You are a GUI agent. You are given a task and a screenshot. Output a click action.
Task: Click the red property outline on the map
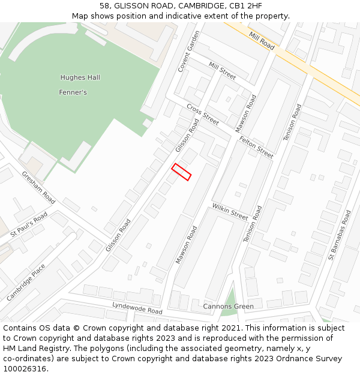(181, 172)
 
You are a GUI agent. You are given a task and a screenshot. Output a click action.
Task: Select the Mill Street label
(222, 71)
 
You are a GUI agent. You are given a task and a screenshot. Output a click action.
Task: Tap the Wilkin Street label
(230, 211)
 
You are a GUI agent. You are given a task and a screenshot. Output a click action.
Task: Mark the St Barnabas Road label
(340, 235)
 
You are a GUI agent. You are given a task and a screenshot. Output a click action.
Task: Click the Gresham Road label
(38, 187)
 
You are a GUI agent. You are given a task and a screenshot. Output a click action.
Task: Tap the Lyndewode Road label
(137, 308)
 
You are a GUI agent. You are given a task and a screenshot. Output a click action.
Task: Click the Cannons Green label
(228, 307)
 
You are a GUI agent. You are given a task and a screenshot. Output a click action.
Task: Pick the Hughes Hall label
(80, 77)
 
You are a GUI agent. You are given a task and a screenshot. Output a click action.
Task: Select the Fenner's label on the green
(73, 92)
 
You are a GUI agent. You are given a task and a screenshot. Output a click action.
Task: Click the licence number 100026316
(25, 368)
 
